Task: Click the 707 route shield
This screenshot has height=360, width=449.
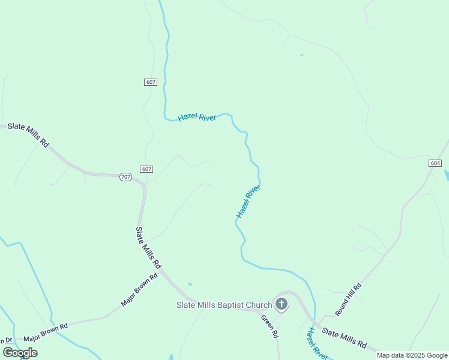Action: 125,177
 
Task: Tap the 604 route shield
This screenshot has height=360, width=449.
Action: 436,163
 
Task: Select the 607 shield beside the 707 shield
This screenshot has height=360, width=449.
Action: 146,169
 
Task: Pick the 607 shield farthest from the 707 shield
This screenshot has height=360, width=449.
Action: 151,82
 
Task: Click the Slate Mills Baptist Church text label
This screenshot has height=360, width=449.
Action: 224,305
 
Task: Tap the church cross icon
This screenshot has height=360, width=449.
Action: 281,304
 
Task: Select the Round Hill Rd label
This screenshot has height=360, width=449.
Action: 349,299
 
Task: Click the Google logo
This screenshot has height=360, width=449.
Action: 20,352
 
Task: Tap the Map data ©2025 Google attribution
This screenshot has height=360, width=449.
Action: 412,355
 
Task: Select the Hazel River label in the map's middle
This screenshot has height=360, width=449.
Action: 247,202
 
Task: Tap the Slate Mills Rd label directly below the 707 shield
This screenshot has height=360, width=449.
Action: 148,247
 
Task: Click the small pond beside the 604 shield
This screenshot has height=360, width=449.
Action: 446,175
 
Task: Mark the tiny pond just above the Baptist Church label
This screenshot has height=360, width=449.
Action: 190,284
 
